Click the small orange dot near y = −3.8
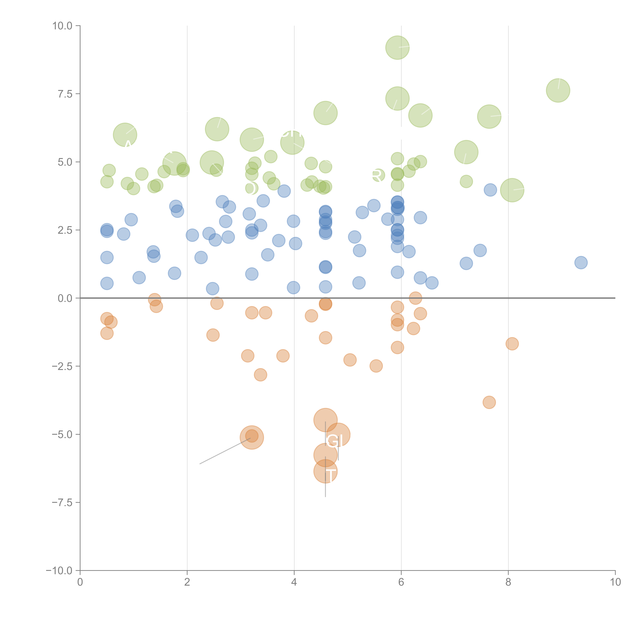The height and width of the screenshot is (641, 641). click(x=489, y=402)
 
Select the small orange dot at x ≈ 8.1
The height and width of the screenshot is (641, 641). click(x=512, y=344)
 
